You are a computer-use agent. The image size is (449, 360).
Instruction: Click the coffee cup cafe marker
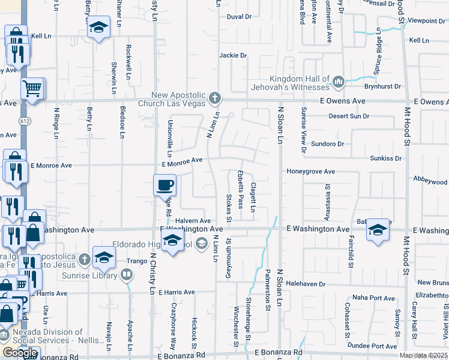point(164,185)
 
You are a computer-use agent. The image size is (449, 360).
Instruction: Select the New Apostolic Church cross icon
point(215,98)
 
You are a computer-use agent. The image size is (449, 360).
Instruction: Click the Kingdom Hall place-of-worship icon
point(339,80)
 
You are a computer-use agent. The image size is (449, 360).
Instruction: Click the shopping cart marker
point(32,89)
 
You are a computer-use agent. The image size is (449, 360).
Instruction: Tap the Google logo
point(20,353)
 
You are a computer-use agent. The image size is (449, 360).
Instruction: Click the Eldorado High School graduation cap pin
point(172,241)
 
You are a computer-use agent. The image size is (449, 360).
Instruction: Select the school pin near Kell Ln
point(98,28)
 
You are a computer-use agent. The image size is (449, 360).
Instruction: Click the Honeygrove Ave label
point(310,172)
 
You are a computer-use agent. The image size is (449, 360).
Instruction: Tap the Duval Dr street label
point(239,17)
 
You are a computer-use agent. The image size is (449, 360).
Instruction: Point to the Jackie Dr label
point(234,55)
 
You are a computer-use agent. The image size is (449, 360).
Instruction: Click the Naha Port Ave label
point(373,298)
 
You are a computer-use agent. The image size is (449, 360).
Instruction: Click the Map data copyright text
point(424,355)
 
